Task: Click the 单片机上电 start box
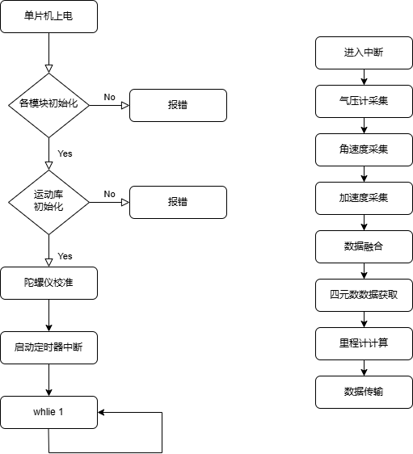point(48,16)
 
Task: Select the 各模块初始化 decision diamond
point(48,105)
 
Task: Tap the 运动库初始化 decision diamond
point(48,202)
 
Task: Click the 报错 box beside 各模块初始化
point(178,105)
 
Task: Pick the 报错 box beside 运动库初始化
point(178,202)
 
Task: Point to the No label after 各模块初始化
point(109,97)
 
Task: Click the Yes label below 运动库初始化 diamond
point(65,256)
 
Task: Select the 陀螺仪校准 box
point(48,283)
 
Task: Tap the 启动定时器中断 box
point(48,347)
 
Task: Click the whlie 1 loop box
point(48,412)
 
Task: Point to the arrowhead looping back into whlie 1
point(101,412)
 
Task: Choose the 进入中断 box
point(364,53)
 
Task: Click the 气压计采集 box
point(364,101)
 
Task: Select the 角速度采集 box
point(364,149)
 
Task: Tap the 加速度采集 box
point(364,199)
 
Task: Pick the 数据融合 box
point(364,246)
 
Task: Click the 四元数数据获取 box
point(364,296)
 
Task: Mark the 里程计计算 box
point(364,343)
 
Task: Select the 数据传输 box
point(364,392)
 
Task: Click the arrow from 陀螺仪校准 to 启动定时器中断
point(48,315)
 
